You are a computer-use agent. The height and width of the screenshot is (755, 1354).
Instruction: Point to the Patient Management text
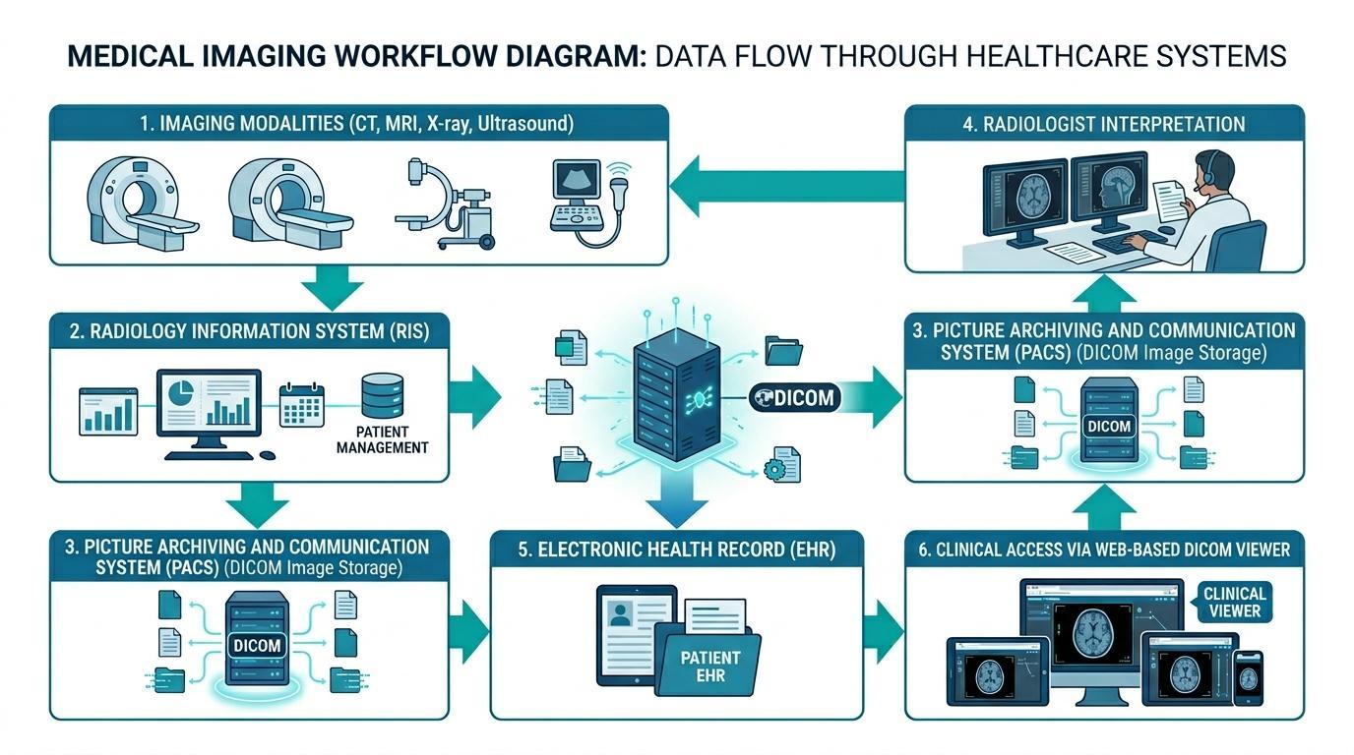pos(382,439)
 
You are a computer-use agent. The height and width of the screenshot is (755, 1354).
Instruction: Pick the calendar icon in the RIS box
pos(301,404)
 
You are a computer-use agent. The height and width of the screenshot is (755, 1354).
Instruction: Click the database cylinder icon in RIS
pos(382,395)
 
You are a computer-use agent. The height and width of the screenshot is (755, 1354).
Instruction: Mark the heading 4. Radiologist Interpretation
pos(1104,124)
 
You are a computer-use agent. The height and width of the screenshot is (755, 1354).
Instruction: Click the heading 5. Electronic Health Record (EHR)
pos(677,550)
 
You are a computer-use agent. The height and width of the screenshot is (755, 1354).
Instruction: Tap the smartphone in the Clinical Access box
pos(1248,677)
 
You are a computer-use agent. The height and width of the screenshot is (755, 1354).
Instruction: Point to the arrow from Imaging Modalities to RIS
pos(332,289)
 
